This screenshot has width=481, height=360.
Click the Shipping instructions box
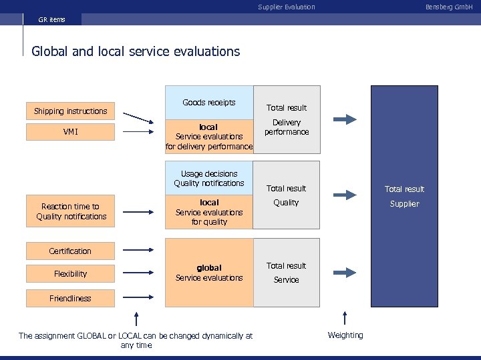point(70,111)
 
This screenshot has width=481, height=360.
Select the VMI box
point(70,132)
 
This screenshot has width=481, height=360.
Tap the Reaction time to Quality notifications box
point(71,211)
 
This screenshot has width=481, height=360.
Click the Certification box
point(70,251)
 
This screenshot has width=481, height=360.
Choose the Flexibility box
point(70,273)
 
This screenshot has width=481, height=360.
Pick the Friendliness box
point(70,298)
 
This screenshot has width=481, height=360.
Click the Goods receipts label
point(208,103)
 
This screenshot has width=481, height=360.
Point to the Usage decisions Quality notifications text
point(209,179)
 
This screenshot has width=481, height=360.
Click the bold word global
point(209,268)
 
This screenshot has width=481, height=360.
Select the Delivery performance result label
point(287,127)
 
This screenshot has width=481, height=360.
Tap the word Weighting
point(345,335)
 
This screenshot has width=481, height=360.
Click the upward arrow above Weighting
point(345,318)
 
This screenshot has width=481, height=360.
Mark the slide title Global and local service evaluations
point(136,51)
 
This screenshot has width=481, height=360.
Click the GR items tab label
point(52,19)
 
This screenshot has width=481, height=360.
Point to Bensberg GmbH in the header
point(448,7)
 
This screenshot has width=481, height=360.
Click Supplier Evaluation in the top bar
point(286,7)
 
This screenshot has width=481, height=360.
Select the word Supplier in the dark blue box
point(404,203)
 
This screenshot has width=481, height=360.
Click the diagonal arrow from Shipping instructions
point(138,117)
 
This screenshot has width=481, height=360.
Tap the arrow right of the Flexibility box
point(138,273)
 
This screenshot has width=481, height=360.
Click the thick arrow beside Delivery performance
point(345,119)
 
